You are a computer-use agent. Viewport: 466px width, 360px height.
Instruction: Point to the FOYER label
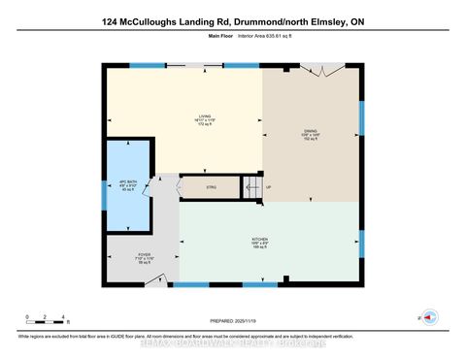click(x=143, y=255)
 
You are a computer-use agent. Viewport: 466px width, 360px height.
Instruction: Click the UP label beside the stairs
click(x=269, y=187)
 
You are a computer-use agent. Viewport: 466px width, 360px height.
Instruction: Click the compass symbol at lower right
click(x=429, y=317)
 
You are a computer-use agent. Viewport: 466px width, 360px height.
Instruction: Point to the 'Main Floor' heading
click(x=222, y=36)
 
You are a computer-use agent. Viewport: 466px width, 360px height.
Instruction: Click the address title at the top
click(x=232, y=18)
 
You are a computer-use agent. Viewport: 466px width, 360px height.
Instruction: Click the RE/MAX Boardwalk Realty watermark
click(x=232, y=341)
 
